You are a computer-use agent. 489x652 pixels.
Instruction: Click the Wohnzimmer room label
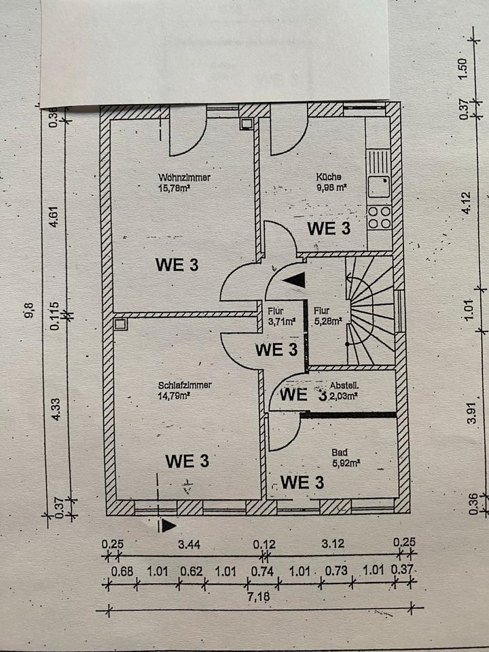click(181, 178)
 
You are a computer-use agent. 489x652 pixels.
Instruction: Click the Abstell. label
click(345, 384)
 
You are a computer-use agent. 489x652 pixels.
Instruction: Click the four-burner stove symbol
click(379, 217)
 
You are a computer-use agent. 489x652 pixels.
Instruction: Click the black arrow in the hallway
click(293, 278)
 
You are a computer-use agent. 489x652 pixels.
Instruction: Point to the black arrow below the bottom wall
click(166, 524)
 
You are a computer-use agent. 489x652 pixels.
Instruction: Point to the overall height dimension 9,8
click(30, 312)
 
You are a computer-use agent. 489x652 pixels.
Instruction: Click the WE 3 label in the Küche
click(329, 228)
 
